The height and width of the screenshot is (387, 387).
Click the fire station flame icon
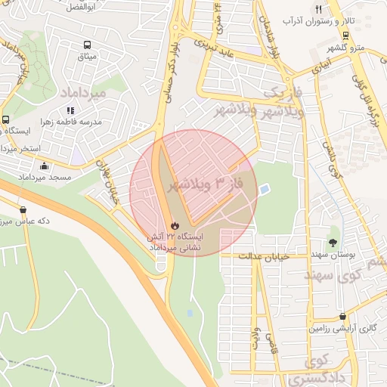[175, 224]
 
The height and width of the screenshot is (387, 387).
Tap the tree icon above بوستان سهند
[333, 229]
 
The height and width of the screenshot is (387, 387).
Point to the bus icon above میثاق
[88, 45]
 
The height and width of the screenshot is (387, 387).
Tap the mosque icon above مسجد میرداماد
[45, 166]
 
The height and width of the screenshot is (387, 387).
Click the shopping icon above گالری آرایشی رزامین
[344, 317]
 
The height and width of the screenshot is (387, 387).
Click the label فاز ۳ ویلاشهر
[194, 184]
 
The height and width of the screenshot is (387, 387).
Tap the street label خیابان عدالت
[265, 257]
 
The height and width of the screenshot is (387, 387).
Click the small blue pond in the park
[264, 189]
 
